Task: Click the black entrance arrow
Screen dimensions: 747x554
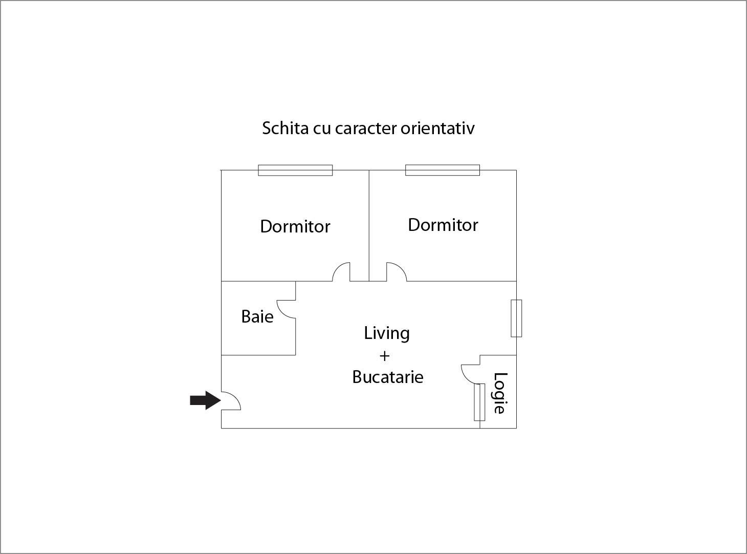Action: click(x=206, y=400)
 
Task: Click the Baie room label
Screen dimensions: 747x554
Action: click(x=257, y=316)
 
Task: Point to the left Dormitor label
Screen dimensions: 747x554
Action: click(x=295, y=226)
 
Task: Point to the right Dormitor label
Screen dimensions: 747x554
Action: click(x=443, y=225)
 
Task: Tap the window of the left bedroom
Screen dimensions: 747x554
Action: click(x=295, y=171)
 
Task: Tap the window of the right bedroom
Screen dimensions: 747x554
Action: click(x=443, y=171)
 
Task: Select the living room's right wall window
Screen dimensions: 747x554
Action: click(x=516, y=318)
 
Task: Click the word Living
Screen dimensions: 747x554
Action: click(x=387, y=333)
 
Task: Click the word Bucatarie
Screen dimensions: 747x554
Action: click(x=388, y=377)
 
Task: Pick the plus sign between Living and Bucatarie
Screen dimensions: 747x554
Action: click(x=384, y=356)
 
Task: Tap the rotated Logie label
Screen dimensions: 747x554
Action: click(x=500, y=393)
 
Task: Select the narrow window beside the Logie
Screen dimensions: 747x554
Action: click(x=479, y=402)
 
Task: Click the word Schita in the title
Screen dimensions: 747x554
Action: click(x=285, y=128)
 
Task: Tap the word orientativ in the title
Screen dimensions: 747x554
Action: click(x=437, y=128)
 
